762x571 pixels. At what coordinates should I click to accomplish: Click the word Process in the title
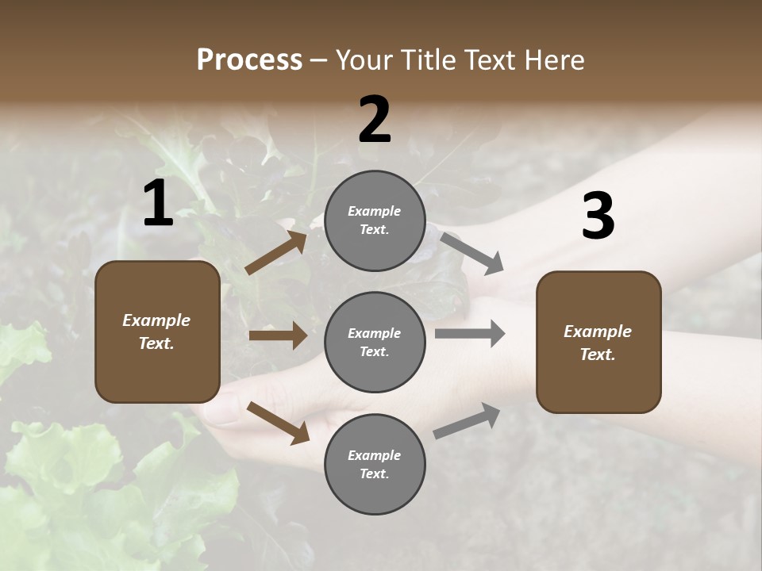click(x=249, y=60)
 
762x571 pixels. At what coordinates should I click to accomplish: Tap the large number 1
click(x=158, y=205)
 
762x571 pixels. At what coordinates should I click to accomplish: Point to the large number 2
click(x=375, y=120)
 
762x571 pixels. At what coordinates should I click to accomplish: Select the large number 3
click(x=598, y=217)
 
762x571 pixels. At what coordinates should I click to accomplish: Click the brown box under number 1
click(x=157, y=331)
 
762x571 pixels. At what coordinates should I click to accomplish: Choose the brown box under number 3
click(x=598, y=343)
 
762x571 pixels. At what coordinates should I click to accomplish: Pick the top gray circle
click(x=375, y=220)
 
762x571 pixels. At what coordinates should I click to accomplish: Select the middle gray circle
click(x=375, y=342)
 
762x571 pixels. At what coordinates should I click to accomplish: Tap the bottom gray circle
click(x=375, y=464)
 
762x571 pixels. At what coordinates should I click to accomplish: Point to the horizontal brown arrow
click(x=278, y=335)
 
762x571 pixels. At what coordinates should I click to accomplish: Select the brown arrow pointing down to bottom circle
click(x=278, y=422)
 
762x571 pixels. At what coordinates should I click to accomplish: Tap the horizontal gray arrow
click(x=469, y=334)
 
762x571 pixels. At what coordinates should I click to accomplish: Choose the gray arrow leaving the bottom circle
click(x=467, y=420)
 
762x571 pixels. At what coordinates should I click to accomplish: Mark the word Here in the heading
click(x=553, y=60)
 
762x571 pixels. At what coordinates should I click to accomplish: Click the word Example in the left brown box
click(x=156, y=320)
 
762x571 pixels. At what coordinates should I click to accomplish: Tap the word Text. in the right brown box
click(x=598, y=354)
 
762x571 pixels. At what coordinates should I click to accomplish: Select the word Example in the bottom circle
click(x=375, y=455)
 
